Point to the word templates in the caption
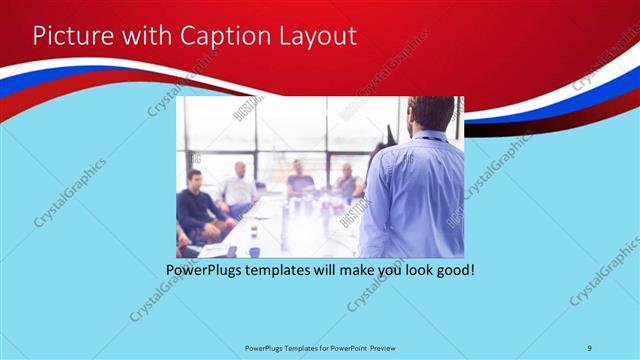pos(286,270)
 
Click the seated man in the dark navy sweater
pos(196,205)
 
